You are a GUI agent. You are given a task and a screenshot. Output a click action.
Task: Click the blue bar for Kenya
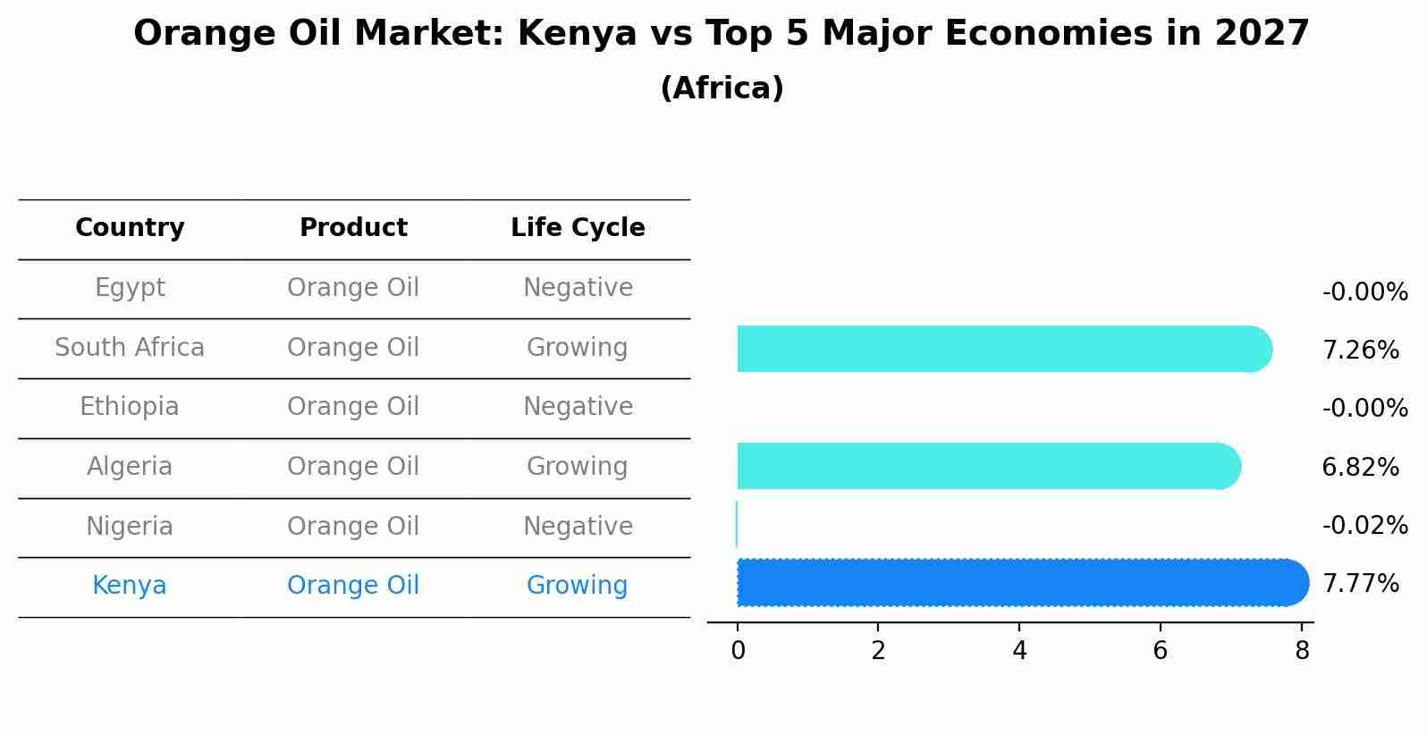click(x=1019, y=583)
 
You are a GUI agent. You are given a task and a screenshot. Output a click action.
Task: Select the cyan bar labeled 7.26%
click(x=1001, y=349)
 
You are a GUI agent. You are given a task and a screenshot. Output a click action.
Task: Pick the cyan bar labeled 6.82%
click(x=984, y=466)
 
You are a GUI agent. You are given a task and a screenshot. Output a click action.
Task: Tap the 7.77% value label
click(x=1360, y=584)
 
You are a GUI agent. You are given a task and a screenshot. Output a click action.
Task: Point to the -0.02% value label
click(x=1364, y=526)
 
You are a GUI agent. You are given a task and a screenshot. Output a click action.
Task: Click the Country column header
click(x=130, y=228)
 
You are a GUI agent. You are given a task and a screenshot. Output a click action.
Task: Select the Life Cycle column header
click(x=578, y=228)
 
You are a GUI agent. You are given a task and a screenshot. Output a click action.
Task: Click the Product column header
click(x=353, y=228)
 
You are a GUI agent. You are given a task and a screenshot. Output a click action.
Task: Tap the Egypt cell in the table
click(x=130, y=288)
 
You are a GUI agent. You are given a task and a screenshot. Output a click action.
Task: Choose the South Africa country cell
click(x=130, y=348)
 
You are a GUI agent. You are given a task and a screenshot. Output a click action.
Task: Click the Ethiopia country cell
click(x=130, y=407)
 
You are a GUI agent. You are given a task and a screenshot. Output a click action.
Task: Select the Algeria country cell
click(x=130, y=467)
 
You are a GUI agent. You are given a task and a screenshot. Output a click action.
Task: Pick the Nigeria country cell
click(x=130, y=527)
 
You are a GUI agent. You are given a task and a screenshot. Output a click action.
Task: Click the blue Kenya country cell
click(x=130, y=586)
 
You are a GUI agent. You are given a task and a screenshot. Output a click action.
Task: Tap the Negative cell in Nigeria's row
click(x=578, y=527)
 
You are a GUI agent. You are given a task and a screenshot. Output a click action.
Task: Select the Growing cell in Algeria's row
click(x=577, y=467)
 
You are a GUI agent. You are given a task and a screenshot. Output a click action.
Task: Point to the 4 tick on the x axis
click(x=1019, y=651)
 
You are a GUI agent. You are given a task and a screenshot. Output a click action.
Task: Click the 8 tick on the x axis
click(x=1302, y=651)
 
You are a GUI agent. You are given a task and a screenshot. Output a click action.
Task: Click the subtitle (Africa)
click(x=722, y=89)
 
